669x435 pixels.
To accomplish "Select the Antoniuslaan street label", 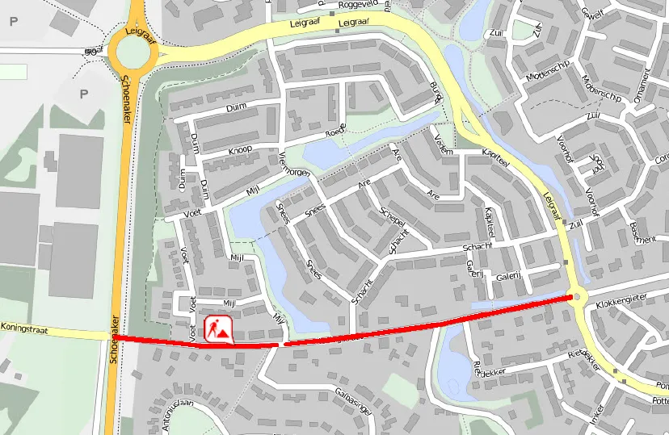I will click(x=168, y=415).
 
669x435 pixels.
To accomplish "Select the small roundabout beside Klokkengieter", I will click(x=575, y=296).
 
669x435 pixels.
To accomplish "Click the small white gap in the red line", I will click(x=281, y=345).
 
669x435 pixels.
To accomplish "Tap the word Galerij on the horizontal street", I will click(x=507, y=276).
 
